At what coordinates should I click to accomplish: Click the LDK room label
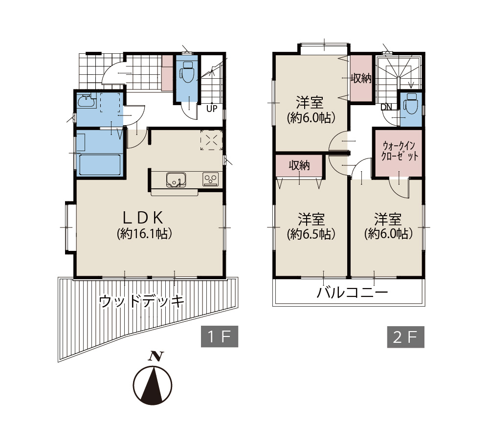tap(143, 218)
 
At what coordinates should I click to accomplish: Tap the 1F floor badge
tap(220, 336)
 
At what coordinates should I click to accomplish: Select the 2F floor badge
tap(406, 337)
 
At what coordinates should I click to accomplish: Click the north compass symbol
tap(153, 381)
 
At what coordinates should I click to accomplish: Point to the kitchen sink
tap(176, 180)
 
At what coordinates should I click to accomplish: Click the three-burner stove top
tap(210, 179)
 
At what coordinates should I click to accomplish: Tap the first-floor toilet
tap(187, 72)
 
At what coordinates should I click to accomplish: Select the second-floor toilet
tap(411, 104)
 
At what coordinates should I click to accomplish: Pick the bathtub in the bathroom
tap(100, 165)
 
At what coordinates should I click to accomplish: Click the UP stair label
tap(212, 109)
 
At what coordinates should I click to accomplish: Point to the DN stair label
tap(386, 107)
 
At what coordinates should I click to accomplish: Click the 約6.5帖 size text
tap(311, 234)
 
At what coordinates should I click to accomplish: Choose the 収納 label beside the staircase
tap(361, 78)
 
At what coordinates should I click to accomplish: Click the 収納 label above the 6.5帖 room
tap(299, 165)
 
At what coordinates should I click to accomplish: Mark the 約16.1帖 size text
tap(144, 233)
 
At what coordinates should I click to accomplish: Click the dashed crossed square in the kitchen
tap(211, 140)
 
